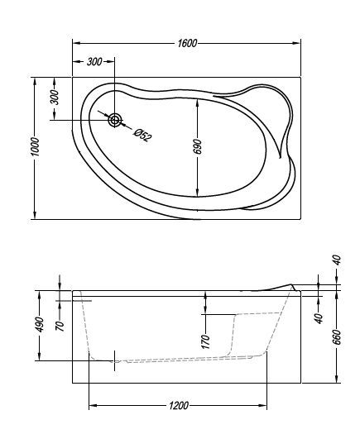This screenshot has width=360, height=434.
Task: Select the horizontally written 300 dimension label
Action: point(94,62)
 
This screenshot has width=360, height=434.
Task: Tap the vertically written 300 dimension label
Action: point(55,97)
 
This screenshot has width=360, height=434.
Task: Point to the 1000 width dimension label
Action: point(35,150)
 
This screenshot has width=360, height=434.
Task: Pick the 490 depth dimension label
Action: point(39,325)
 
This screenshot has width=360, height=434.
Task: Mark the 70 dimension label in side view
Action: point(60,325)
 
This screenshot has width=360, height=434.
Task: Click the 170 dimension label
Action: point(205,339)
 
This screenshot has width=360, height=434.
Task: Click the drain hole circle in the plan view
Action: point(115,120)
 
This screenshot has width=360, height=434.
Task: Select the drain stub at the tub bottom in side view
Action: point(115,360)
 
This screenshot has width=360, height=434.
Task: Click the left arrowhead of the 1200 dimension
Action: point(92,405)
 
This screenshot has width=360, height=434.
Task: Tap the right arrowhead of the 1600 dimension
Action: point(303,43)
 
